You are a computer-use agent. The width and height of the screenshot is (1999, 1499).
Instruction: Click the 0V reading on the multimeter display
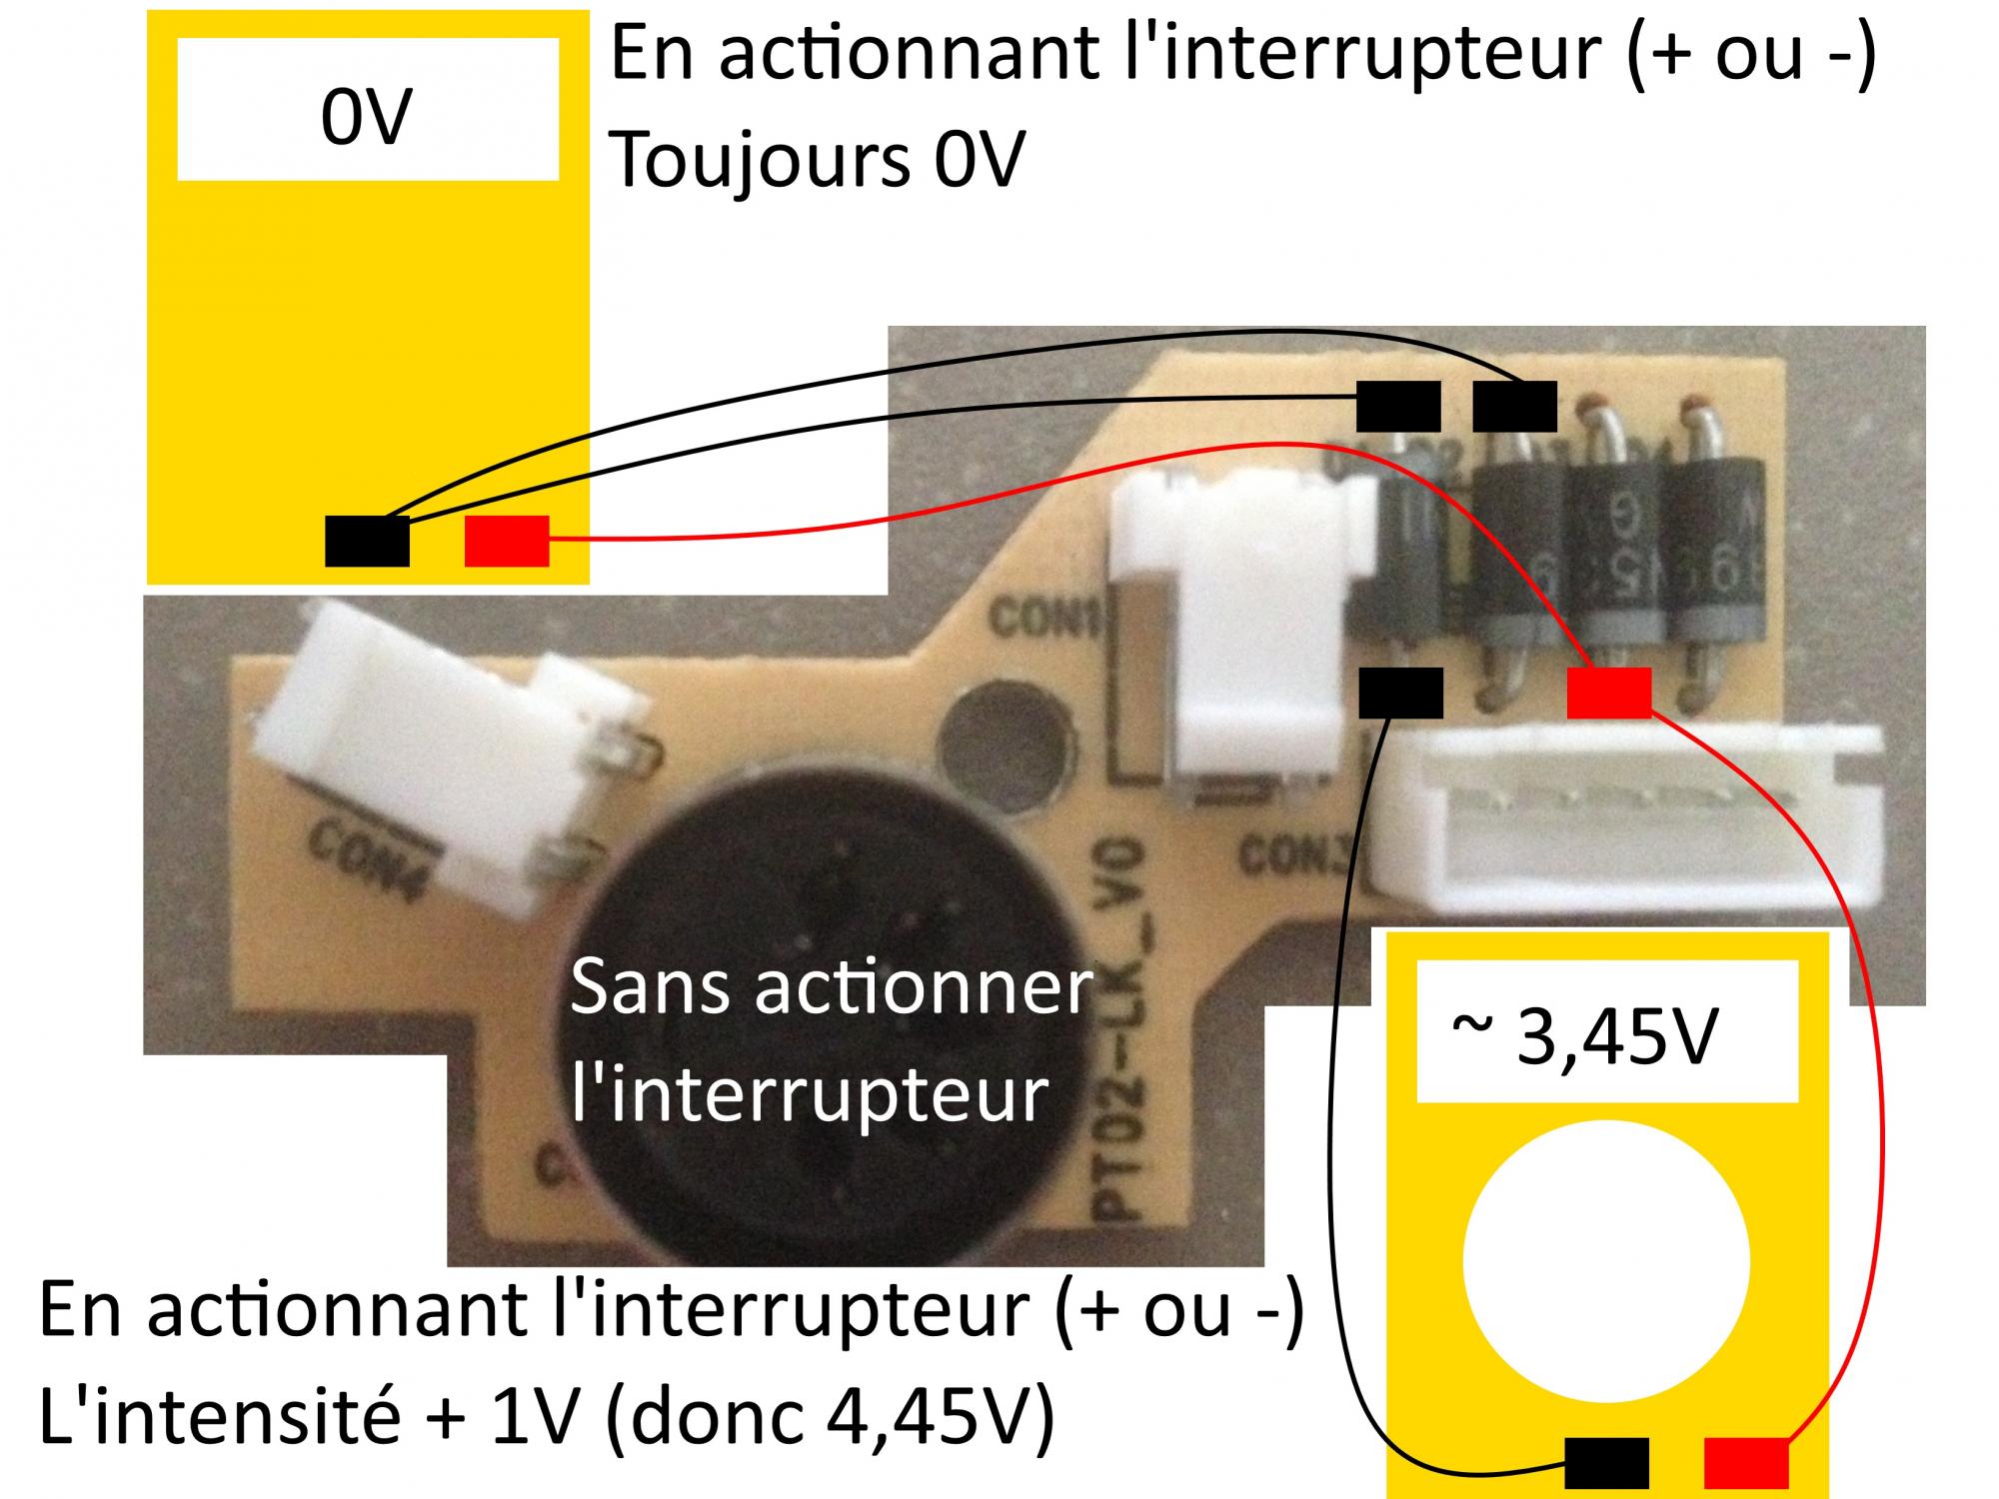point(366,118)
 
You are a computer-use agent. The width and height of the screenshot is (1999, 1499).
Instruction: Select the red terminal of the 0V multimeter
point(507,541)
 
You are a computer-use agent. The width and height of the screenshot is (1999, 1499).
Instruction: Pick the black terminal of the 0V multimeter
point(367,541)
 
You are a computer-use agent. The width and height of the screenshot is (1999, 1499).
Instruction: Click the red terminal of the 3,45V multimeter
point(1745,1462)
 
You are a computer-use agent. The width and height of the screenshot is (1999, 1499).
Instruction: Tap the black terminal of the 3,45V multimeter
point(1605,1462)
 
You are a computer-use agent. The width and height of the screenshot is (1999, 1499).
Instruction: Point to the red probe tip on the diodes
point(1608,693)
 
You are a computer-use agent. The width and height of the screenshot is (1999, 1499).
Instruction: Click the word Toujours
point(760,160)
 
